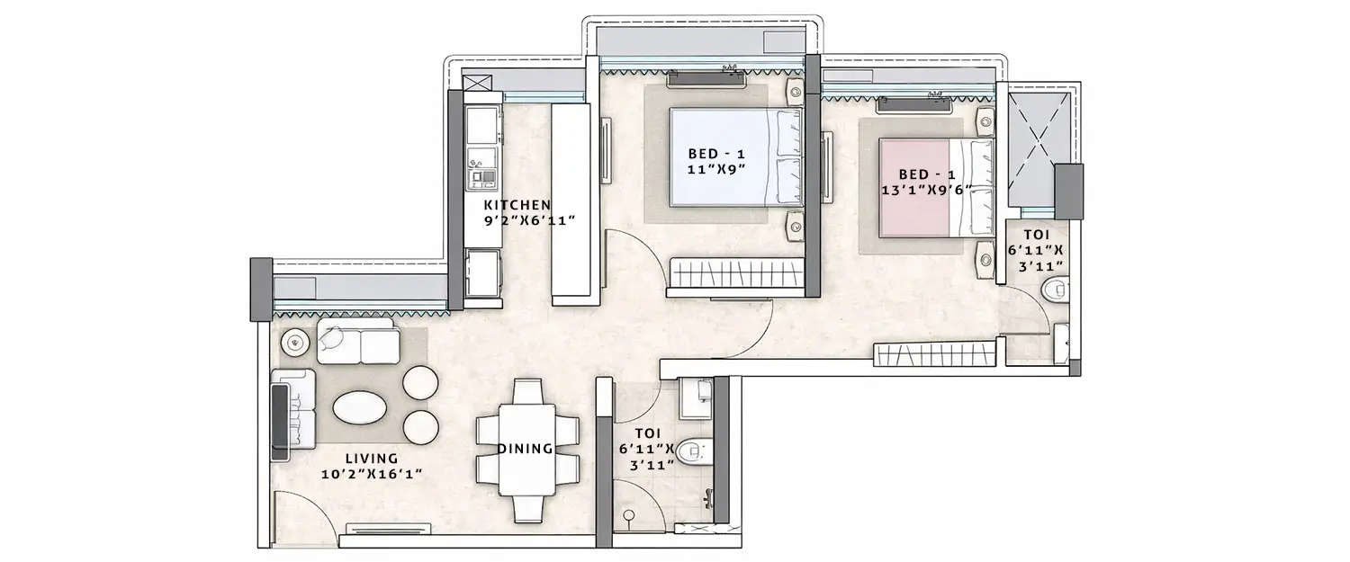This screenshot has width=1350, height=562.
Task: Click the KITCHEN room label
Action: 516,205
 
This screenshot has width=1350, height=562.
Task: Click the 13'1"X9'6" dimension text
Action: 932,190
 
